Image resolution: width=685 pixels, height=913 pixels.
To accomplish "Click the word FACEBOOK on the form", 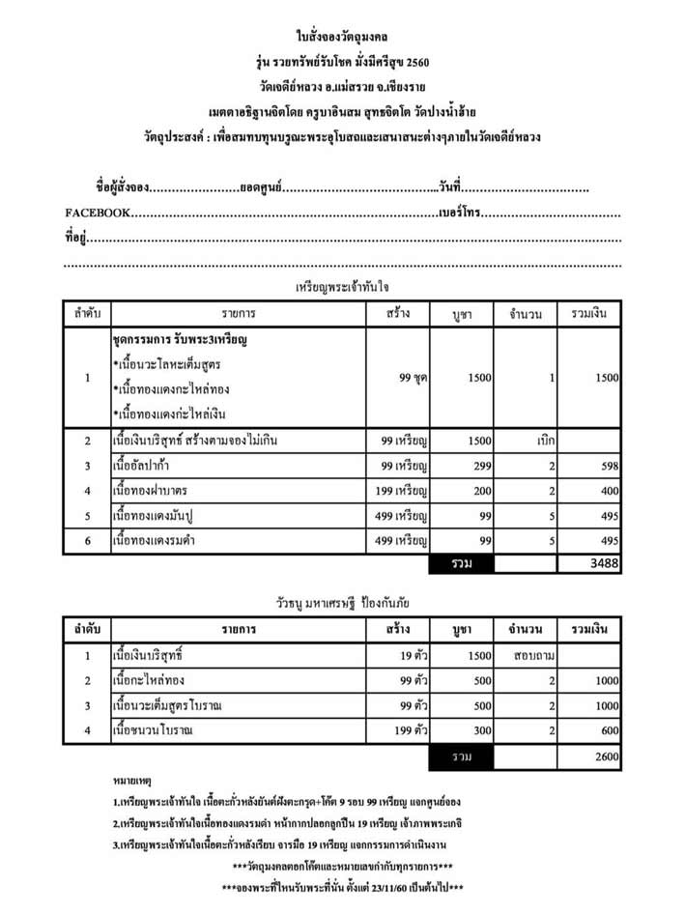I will tap(97, 213).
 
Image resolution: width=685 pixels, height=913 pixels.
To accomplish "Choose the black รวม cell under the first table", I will tap(462, 563).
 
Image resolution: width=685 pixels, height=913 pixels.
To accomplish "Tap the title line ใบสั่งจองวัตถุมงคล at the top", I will tap(342, 38).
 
